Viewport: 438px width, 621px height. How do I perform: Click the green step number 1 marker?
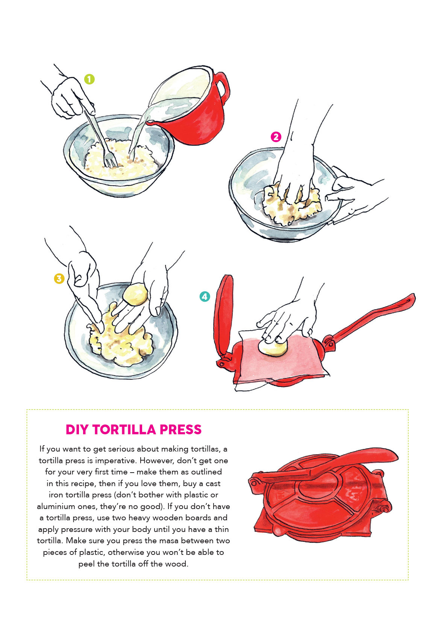(89, 79)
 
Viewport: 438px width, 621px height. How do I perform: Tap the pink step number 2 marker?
(276, 137)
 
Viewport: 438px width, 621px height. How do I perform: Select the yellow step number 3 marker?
(59, 279)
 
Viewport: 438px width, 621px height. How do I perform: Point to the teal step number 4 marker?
(205, 296)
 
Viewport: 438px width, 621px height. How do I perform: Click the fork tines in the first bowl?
(110, 161)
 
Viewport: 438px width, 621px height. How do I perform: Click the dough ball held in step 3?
(135, 295)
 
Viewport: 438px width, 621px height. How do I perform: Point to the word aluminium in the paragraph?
(57, 506)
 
